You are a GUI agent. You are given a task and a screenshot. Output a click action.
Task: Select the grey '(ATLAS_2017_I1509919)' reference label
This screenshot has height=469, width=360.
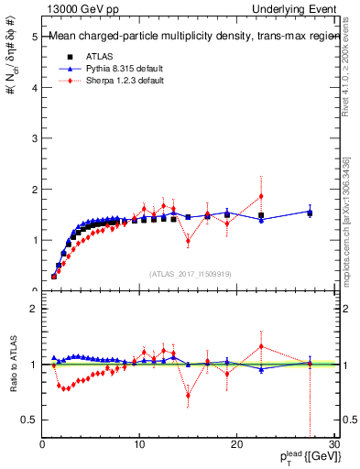coord(190,272)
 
